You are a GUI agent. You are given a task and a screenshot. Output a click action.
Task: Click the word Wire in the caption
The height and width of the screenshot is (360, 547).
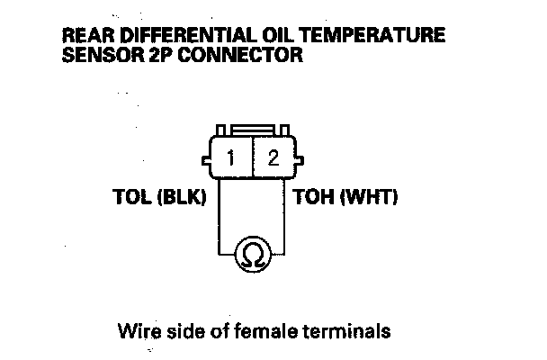(137, 330)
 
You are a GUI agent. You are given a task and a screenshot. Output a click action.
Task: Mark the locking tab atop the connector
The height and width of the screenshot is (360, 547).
(253, 130)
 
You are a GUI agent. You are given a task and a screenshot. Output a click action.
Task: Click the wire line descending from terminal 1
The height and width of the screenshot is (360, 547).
(219, 216)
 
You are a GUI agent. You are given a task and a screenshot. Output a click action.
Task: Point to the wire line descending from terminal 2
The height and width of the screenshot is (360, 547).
(286, 216)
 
